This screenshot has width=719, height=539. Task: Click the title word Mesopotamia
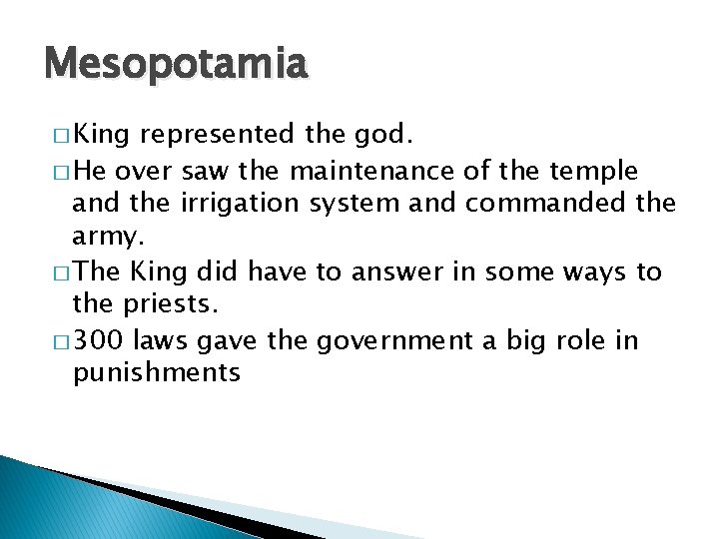click(176, 65)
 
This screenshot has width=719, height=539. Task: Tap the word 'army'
click(107, 239)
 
